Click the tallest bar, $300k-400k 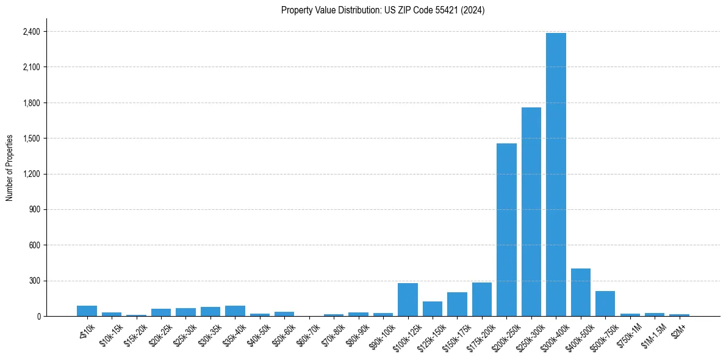(x=556, y=175)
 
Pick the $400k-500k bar (x=580, y=292)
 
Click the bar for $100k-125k (x=408, y=300)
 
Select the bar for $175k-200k (x=481, y=300)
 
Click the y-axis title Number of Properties (x=9, y=167)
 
